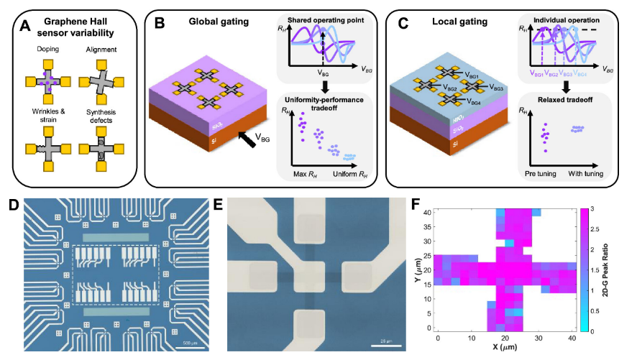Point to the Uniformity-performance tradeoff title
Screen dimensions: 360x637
click(326, 98)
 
